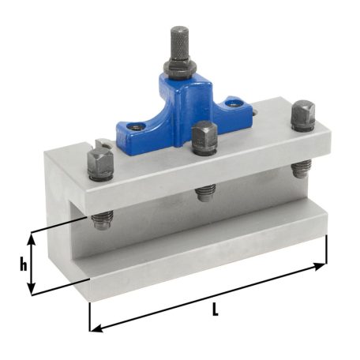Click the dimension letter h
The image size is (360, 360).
[x=23, y=264]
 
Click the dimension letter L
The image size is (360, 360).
[x=215, y=311]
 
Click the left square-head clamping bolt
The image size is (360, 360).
[x=99, y=164]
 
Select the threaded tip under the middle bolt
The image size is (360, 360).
[x=205, y=190]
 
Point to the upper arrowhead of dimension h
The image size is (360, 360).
[x=32, y=236]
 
